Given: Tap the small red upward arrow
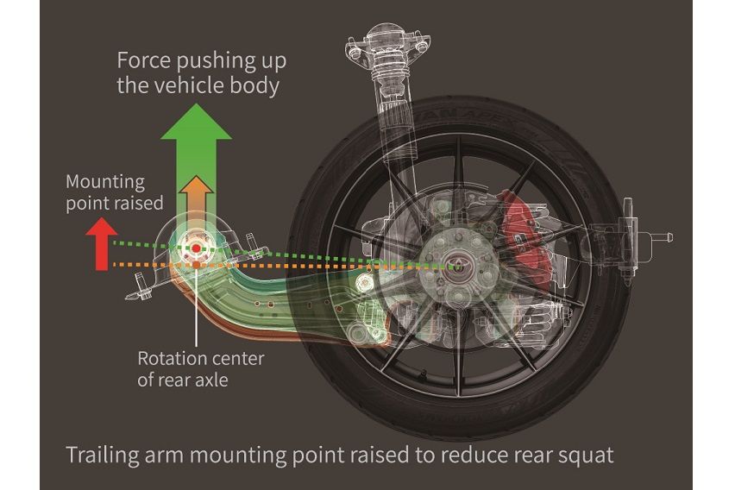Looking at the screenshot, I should (x=102, y=242).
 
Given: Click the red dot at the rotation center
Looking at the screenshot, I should (x=197, y=248).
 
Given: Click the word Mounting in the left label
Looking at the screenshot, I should (x=103, y=182).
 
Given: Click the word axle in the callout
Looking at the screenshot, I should (x=210, y=379).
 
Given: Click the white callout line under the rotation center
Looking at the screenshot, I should (x=197, y=311).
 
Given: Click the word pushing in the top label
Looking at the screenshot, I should (x=211, y=62).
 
